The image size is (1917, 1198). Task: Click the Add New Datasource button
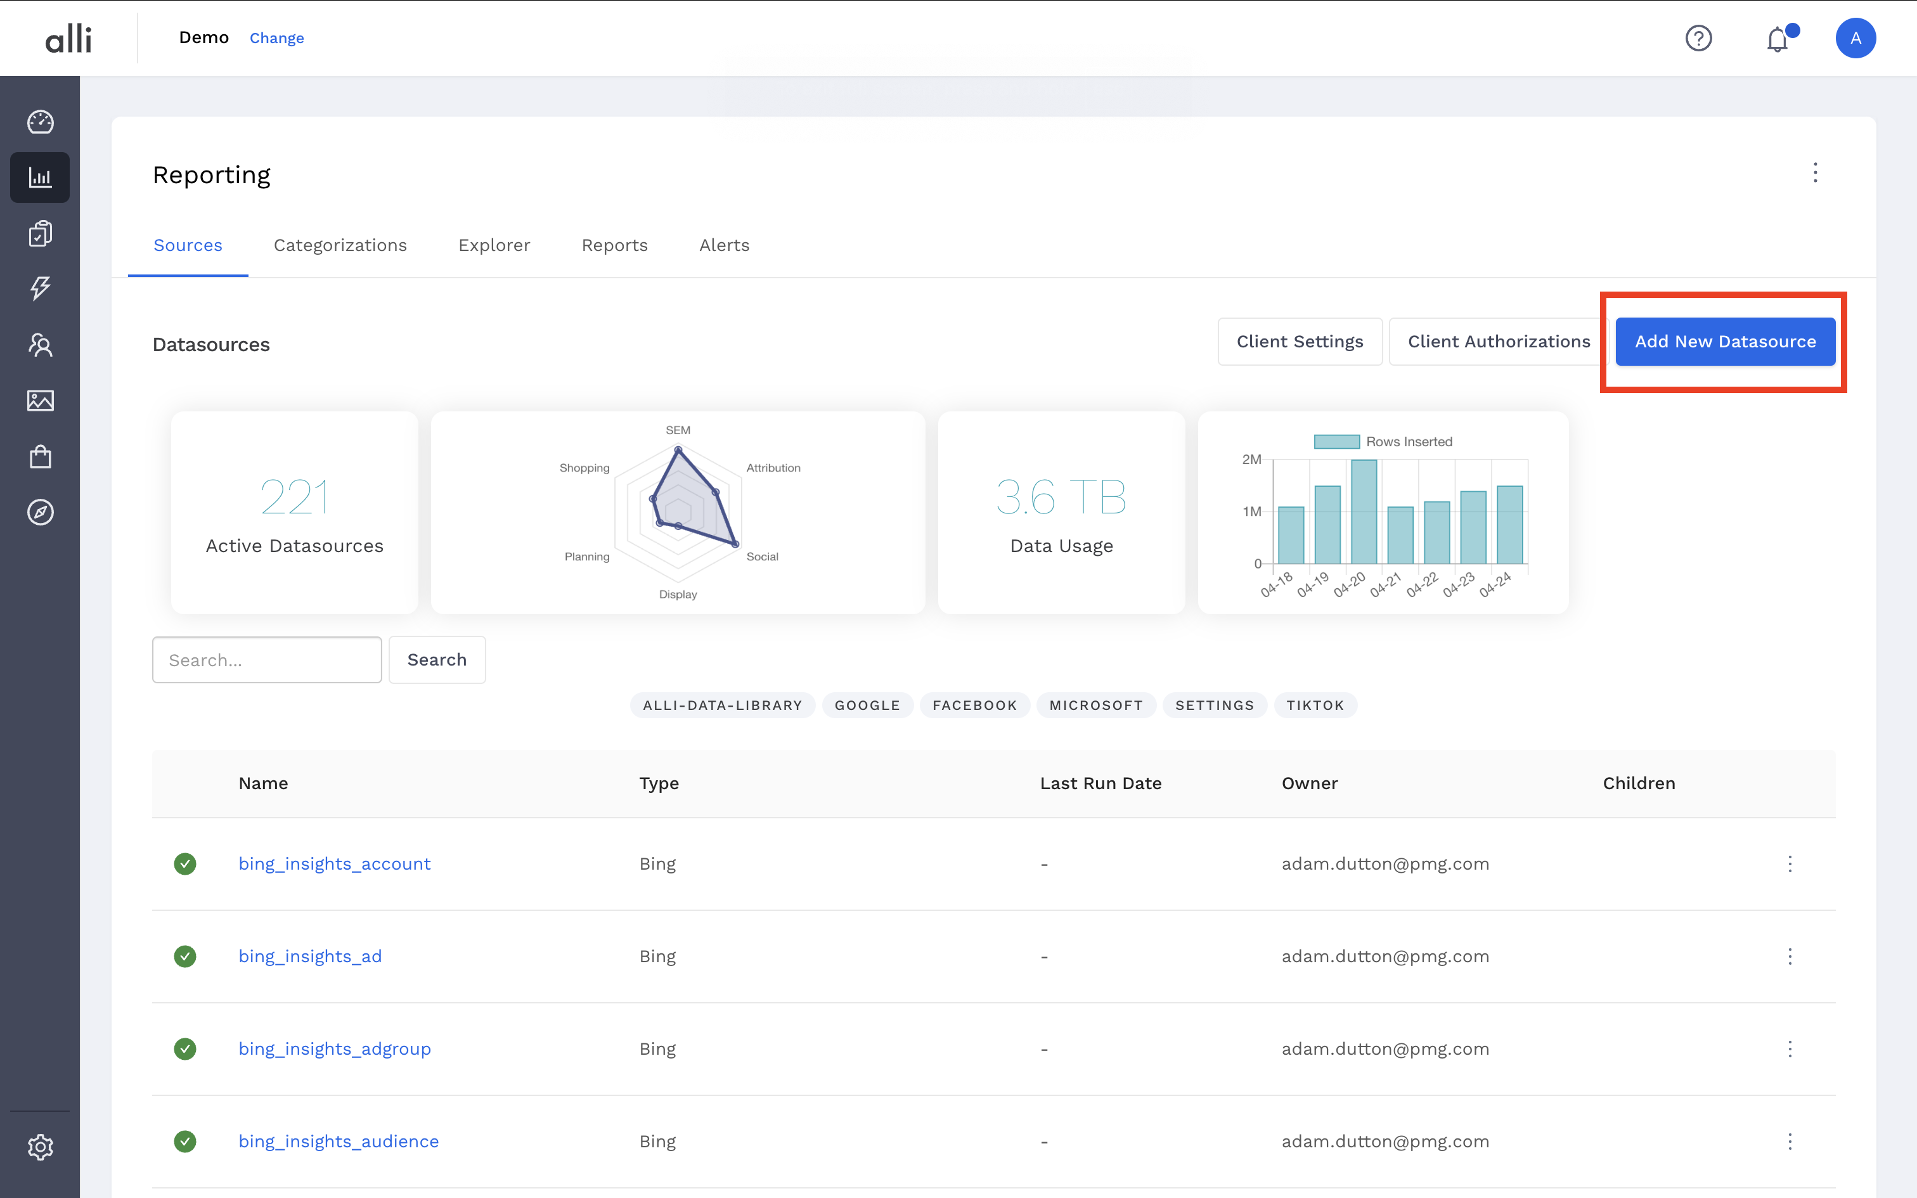[x=1724, y=342]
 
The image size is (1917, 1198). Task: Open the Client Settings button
[x=1299, y=342]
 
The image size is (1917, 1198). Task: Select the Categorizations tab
[x=340, y=246]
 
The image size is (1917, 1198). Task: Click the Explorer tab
[x=493, y=246]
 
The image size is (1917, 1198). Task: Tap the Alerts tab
[x=724, y=246]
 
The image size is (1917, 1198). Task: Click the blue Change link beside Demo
[x=276, y=38]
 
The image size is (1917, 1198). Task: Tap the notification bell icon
[x=1777, y=39]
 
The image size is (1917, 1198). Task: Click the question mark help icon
[x=1698, y=38]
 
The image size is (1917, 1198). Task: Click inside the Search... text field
[x=267, y=660]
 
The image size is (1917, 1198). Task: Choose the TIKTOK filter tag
[x=1315, y=705]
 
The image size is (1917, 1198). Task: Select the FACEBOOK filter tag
[x=974, y=705]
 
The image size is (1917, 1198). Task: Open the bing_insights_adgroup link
[x=334, y=1049]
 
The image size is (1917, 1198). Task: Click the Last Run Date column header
[x=1100, y=783]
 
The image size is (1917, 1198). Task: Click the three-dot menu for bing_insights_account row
[x=1790, y=863]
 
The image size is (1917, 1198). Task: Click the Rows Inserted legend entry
[x=1383, y=441]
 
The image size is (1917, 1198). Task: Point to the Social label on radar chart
[x=762, y=557]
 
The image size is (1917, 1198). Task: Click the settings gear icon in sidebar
[x=41, y=1147]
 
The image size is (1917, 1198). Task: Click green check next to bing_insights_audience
[x=184, y=1142]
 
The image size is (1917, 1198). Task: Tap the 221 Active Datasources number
[x=294, y=497]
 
